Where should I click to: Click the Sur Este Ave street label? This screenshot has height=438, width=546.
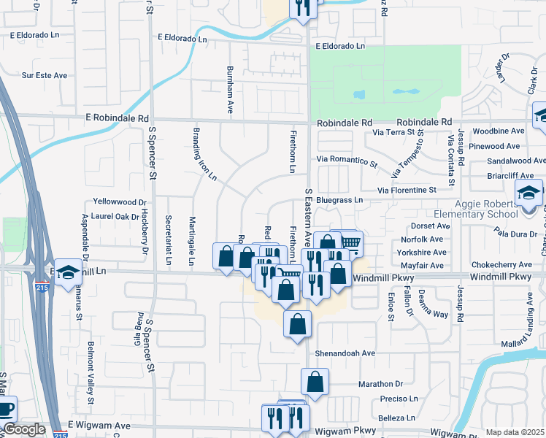coord(45,74)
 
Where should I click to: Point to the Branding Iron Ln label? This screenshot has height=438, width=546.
coord(204,154)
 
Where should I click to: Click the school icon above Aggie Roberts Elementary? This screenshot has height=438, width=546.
coord(528,193)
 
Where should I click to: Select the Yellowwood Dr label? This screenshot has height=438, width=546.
coord(120,201)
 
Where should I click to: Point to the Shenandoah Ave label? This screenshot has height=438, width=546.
coord(346,353)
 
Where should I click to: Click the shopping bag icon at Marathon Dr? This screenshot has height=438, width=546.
coord(315,381)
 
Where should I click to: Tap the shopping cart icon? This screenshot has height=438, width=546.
coord(351,243)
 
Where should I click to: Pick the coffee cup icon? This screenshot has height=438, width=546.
coord(6,409)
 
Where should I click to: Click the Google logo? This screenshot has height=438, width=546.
coord(24,429)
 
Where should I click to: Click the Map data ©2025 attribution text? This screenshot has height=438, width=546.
coord(515,432)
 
